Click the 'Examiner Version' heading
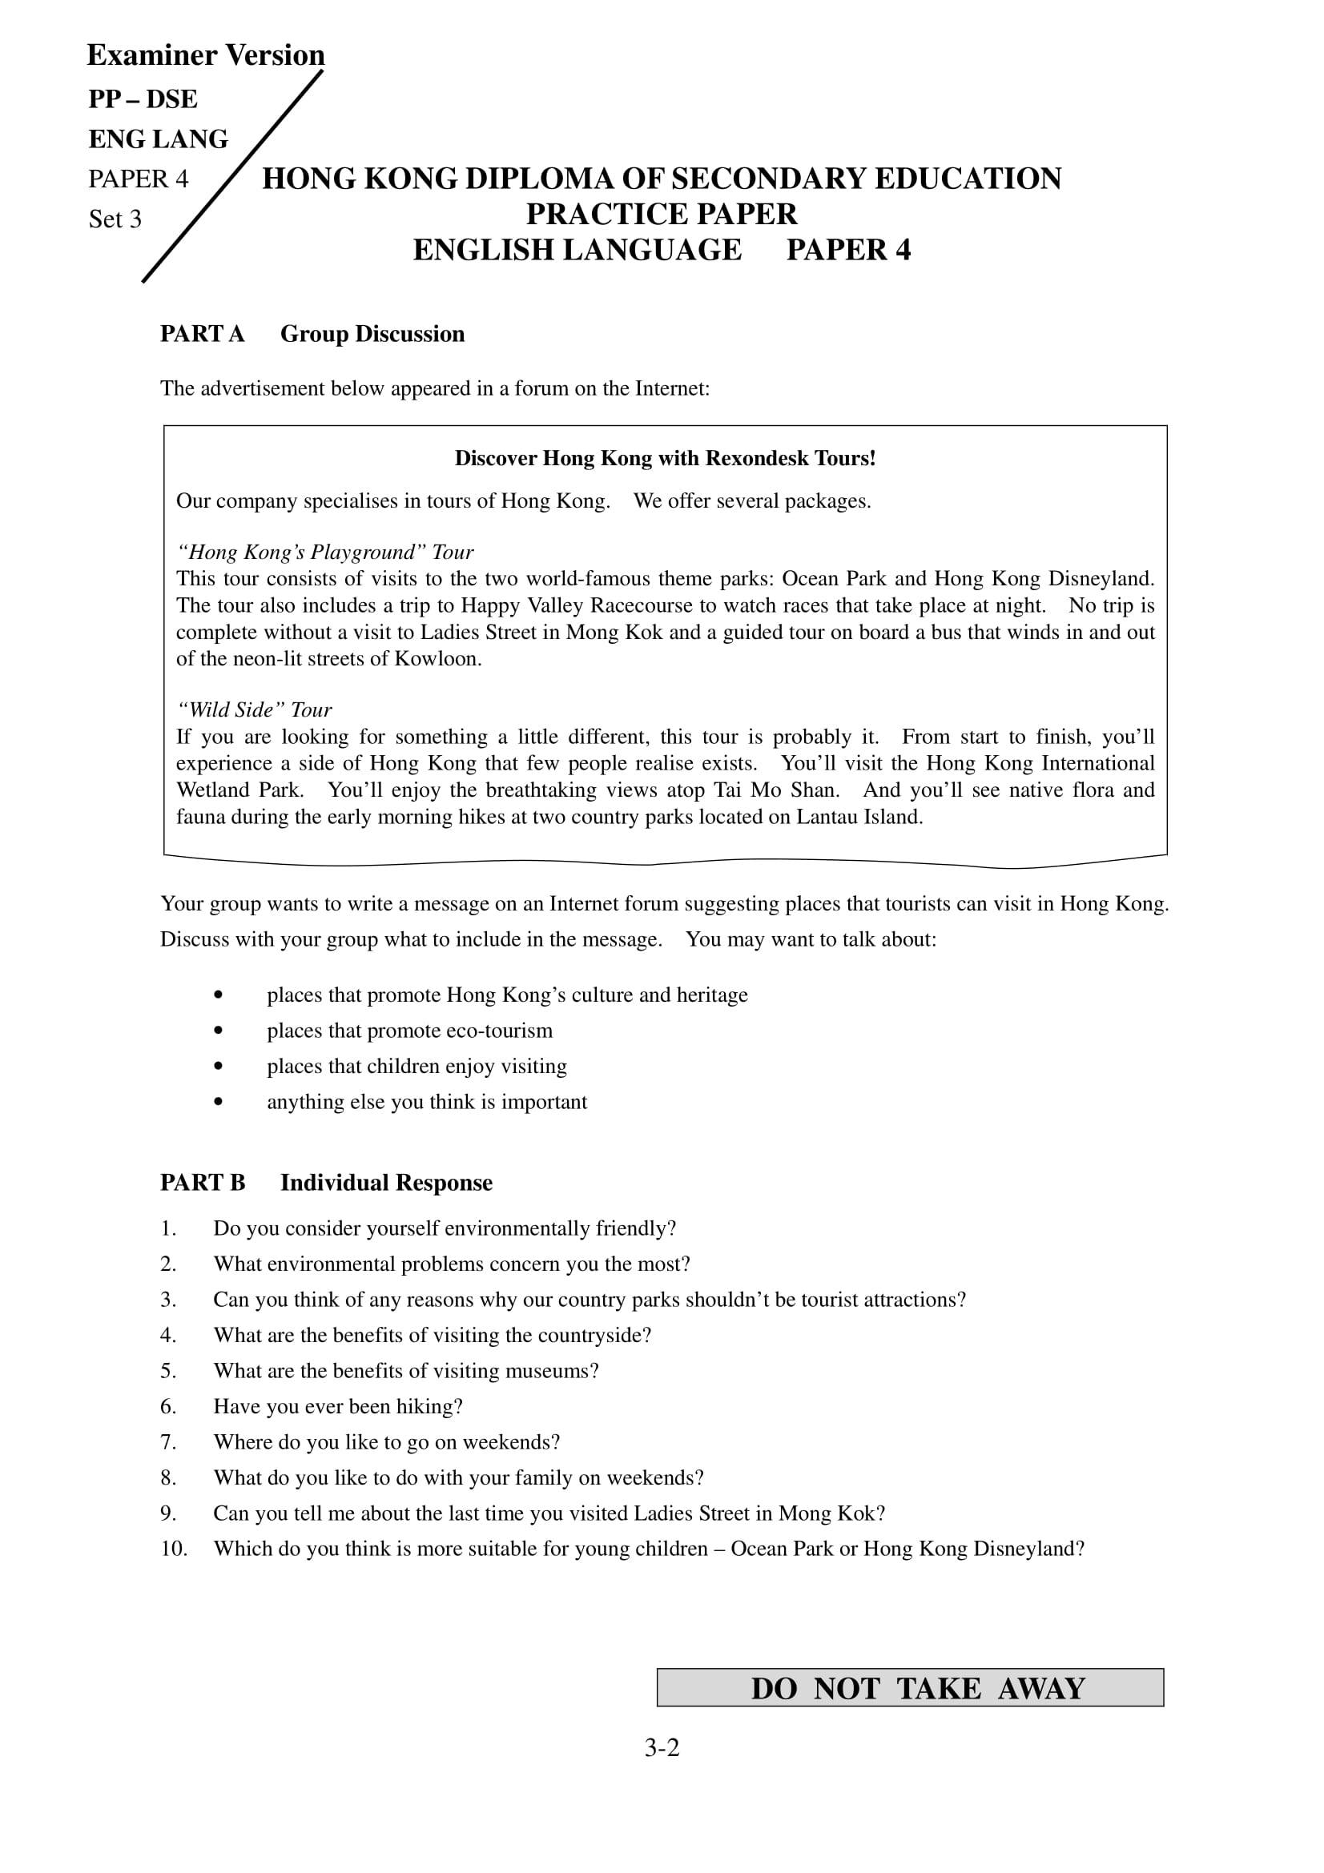click(x=206, y=55)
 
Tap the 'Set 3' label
click(x=115, y=219)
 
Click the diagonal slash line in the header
click(x=232, y=177)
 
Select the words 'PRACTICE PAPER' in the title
click(x=662, y=215)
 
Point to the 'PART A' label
click(x=203, y=335)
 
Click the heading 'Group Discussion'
click(x=372, y=335)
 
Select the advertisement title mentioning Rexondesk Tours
click(x=665, y=459)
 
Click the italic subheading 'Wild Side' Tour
click(x=255, y=709)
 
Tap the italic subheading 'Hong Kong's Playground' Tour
click(x=324, y=553)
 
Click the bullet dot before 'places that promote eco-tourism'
click(x=218, y=1031)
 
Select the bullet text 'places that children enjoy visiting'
click(x=417, y=1066)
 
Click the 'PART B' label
click(x=203, y=1184)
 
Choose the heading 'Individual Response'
click(x=386, y=1184)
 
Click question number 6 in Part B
click(x=168, y=1407)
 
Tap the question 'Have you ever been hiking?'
click(x=338, y=1407)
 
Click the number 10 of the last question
click(x=174, y=1549)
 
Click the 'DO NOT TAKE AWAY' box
click(x=910, y=1688)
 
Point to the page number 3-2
click(x=662, y=1748)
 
